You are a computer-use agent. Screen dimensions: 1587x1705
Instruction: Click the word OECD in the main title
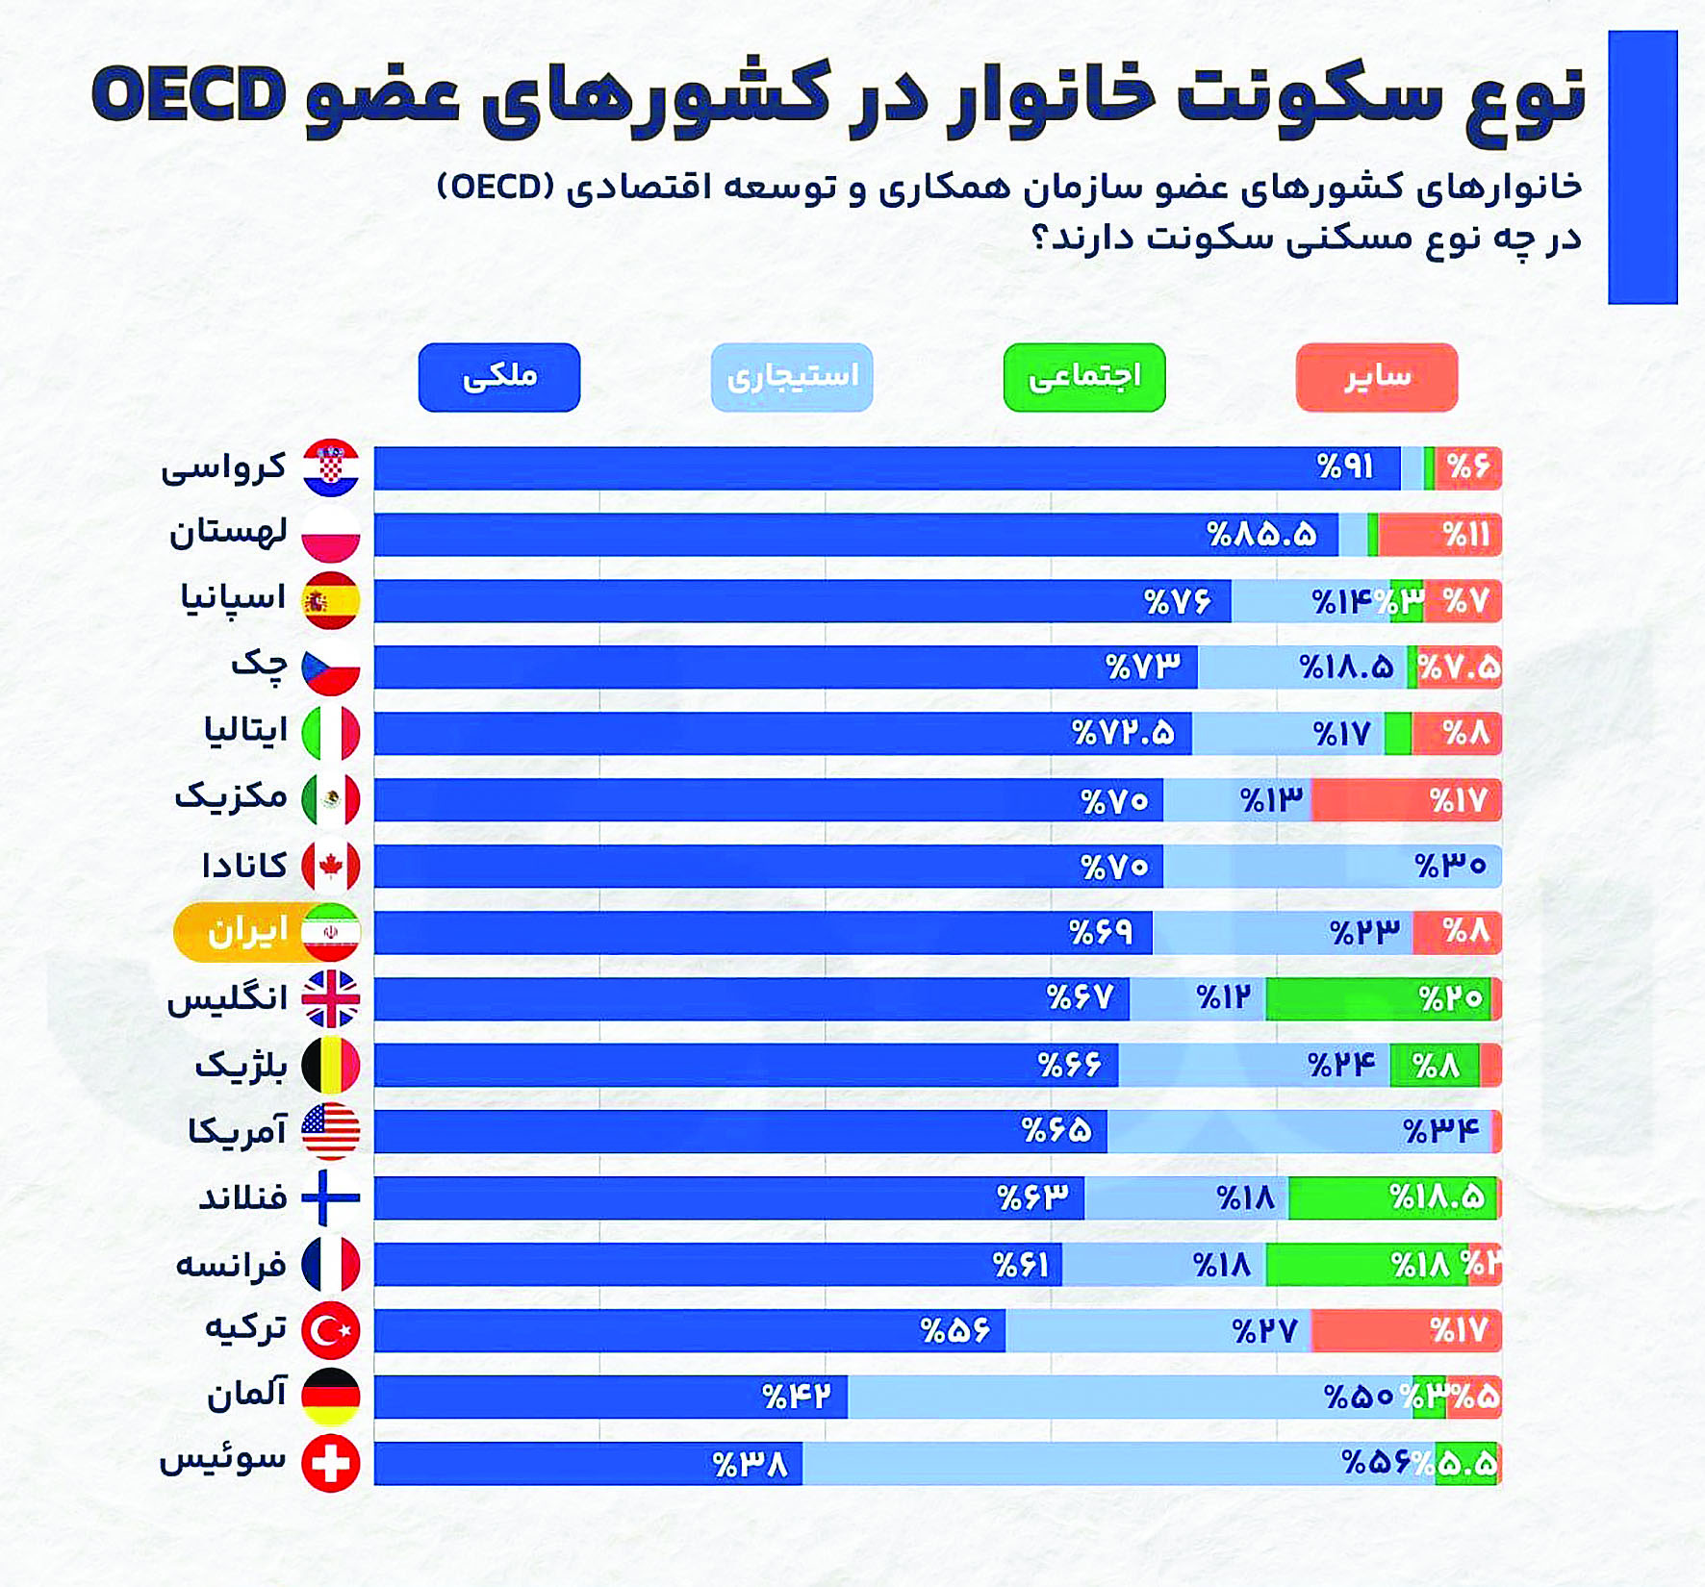189,94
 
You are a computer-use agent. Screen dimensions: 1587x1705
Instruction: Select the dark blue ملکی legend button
499,377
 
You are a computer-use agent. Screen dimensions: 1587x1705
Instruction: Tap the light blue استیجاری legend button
792,377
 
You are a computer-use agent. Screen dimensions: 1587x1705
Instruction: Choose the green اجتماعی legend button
1084,377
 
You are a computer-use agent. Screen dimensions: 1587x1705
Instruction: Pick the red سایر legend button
1377,377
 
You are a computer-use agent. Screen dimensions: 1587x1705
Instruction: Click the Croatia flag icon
331,468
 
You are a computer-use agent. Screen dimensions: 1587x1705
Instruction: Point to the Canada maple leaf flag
331,867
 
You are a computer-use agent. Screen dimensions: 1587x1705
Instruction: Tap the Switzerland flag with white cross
331,1463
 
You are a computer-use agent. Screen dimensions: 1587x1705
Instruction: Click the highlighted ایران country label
247,932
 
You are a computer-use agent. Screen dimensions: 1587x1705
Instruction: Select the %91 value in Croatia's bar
1345,468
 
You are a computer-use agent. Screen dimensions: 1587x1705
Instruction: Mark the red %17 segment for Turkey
1406,1331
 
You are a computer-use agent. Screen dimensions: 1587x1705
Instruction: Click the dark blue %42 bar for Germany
611,1397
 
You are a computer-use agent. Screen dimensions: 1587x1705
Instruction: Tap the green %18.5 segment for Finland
1392,1198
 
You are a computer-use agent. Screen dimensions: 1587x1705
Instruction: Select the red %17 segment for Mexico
1406,800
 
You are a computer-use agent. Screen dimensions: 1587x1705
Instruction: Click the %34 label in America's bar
1440,1132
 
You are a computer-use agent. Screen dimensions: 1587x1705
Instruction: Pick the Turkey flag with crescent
331,1331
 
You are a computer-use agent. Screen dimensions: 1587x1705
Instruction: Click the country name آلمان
246,1394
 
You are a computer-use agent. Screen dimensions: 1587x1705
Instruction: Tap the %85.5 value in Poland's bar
1261,535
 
